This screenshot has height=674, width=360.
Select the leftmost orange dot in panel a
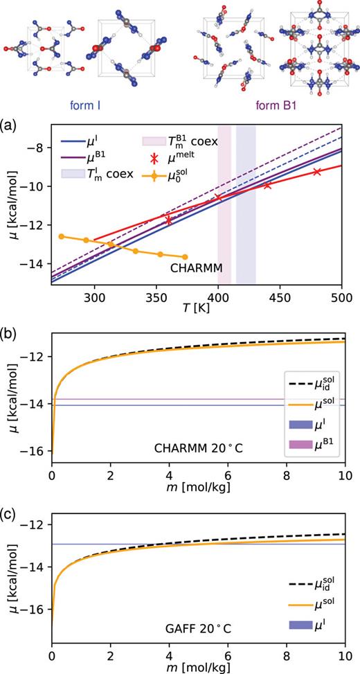tap(62, 236)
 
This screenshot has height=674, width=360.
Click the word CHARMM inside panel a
tap(181, 266)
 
